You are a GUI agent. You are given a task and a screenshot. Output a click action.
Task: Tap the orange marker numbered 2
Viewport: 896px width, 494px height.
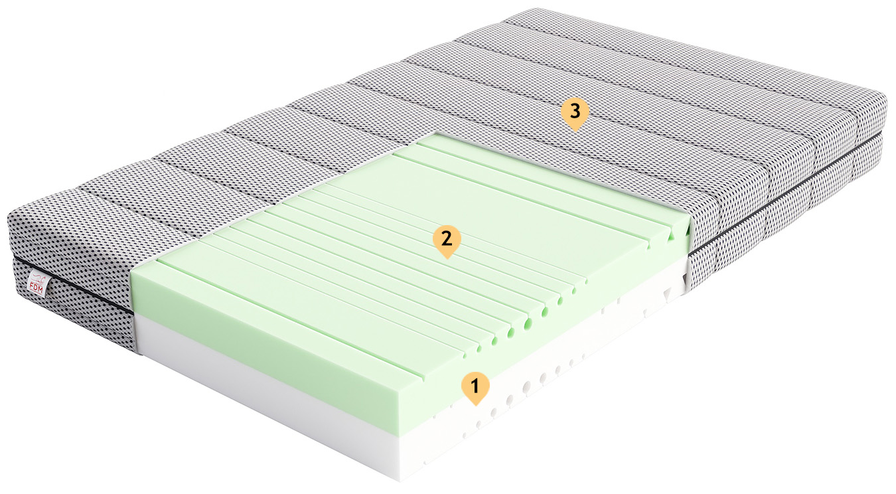pos(447,241)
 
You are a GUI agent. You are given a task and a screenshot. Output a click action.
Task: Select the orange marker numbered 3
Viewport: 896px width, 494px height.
pos(575,114)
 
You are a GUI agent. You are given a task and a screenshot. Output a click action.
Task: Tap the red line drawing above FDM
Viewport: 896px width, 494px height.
pos(38,278)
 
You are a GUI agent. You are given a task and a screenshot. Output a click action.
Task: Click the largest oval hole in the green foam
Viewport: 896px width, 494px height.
pos(529,323)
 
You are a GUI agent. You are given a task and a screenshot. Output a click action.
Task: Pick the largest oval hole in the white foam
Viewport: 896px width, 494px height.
pos(526,386)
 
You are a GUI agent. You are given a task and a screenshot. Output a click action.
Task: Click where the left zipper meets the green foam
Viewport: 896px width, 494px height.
pos(134,314)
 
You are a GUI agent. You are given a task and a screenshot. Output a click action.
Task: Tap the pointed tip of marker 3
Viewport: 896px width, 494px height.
pos(575,131)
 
